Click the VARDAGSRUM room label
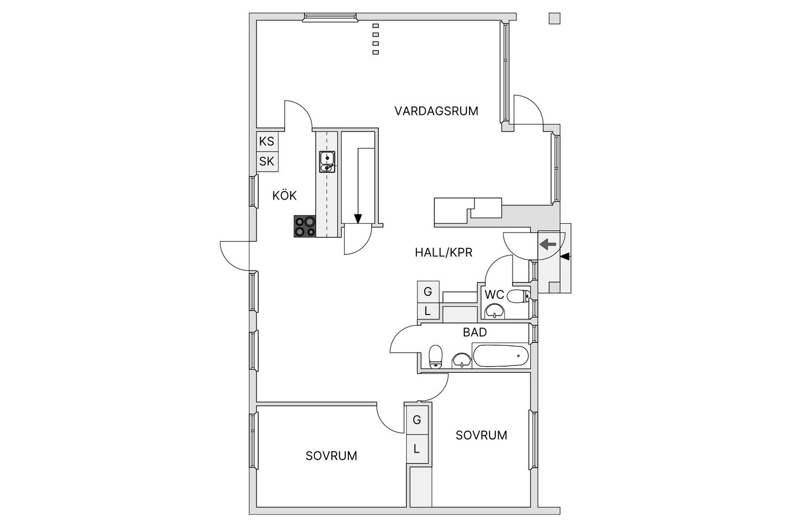436,110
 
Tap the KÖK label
284,196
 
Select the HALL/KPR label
443,252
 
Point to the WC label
494,294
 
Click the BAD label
475,332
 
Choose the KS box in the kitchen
267,141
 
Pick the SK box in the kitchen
267,161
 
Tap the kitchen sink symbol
327,161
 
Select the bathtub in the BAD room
500,355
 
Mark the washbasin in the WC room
494,311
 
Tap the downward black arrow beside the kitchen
358,218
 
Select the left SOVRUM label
331,455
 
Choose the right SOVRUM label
481,435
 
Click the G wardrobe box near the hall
428,292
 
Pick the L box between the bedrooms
416,449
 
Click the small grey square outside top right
554,19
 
